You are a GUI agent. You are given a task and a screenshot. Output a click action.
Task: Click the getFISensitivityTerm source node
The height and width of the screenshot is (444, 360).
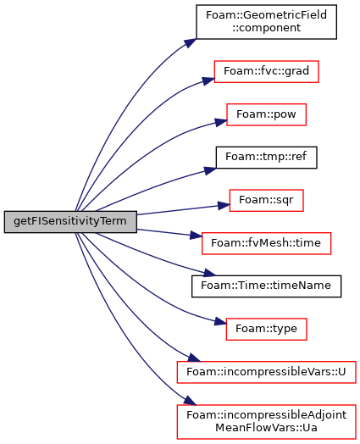coord(70,222)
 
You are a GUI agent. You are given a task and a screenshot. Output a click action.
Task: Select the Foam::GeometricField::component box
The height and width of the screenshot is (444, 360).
coord(266,22)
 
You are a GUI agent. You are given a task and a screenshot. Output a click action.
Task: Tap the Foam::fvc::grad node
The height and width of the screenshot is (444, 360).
coord(266,71)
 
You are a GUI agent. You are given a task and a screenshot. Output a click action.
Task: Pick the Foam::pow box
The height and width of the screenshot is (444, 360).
coord(266,114)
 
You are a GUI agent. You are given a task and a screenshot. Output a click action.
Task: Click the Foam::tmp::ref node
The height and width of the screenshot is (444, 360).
coord(266,158)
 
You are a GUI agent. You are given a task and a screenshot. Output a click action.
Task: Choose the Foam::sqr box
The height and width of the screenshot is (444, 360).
coord(266,200)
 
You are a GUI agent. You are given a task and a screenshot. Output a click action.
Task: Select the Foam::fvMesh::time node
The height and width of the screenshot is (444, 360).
coord(266,243)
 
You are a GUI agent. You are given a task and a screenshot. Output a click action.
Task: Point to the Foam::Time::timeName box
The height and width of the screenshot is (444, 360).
coord(266,286)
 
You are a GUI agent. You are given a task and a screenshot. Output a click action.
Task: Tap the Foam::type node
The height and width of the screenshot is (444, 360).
coord(266,329)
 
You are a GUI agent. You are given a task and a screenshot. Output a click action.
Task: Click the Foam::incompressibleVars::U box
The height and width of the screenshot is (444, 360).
coord(266,372)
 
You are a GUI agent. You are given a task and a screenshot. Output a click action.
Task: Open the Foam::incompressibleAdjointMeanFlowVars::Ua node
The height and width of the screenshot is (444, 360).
coord(266,422)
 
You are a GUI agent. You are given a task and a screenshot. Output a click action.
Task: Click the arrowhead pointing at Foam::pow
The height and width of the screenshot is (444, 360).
coord(221,122)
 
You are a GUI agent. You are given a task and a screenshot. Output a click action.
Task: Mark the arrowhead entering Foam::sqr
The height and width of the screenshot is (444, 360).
coord(224,206)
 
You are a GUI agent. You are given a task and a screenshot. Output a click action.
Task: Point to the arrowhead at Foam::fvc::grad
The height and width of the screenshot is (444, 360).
coord(208,80)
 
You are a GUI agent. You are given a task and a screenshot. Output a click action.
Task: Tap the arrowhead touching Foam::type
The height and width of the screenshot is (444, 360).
coord(220,322)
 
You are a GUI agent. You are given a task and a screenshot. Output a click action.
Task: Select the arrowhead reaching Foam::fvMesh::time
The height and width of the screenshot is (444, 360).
coord(196,236)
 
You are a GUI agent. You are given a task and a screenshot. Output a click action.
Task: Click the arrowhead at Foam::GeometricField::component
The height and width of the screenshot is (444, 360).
coord(191,43)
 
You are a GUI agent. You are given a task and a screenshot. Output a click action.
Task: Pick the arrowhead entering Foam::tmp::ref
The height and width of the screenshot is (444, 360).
coord(210,170)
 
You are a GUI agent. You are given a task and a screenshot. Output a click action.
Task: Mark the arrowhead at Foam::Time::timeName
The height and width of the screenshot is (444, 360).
coord(210,273)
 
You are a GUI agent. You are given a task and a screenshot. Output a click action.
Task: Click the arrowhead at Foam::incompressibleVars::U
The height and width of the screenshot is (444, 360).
coord(194,358)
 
